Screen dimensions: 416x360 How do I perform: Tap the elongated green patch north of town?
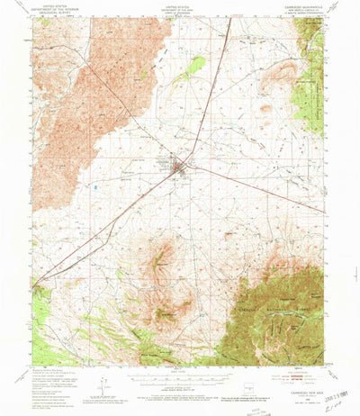click(x=193, y=66)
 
